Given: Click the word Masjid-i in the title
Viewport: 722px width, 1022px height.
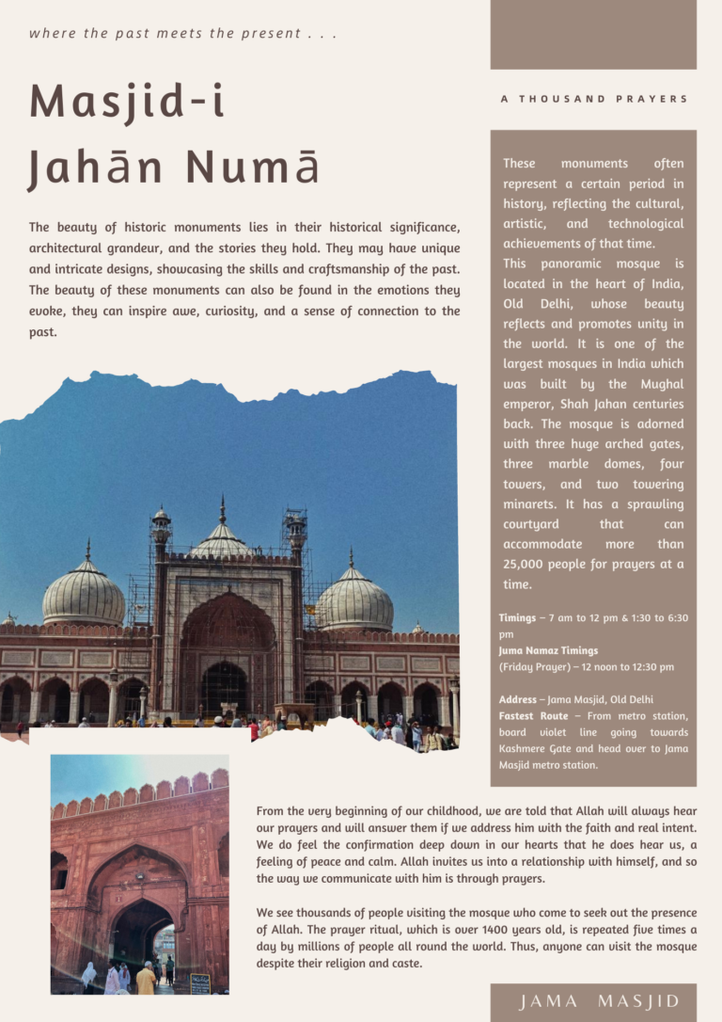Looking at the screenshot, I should [x=127, y=101].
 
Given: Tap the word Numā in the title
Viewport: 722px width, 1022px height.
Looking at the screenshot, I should [x=252, y=167].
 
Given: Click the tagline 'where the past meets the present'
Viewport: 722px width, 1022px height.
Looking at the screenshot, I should [x=182, y=34].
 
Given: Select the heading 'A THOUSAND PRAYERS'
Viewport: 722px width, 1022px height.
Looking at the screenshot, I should [x=594, y=99].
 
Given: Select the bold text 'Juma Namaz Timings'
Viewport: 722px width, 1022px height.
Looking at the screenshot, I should [x=548, y=650].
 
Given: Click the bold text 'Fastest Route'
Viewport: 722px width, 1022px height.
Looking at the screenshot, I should [x=533, y=716].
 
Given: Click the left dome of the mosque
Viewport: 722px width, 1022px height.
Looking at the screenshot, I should [x=84, y=595].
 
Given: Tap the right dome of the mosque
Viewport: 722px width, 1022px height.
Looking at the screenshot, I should [x=353, y=599].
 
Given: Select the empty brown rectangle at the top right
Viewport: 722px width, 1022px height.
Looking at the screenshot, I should [x=593, y=35].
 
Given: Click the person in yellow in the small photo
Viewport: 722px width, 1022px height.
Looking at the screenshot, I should [x=146, y=980].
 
